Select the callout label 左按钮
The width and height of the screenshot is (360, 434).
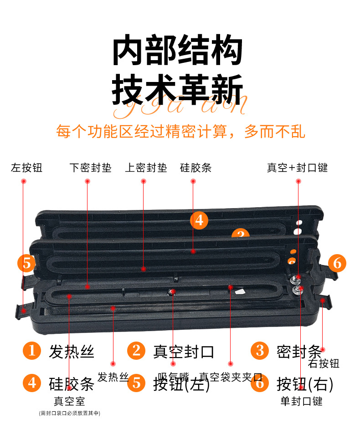coord(26,168)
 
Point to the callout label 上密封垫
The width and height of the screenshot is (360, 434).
coord(146,168)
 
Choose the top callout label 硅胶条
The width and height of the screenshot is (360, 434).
coord(195,168)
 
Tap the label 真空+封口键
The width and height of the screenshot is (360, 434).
coord(297,168)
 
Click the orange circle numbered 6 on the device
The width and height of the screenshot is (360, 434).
coord(337,263)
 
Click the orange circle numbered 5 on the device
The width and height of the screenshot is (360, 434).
coord(26,263)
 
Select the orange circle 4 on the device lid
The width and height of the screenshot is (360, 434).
coord(199,220)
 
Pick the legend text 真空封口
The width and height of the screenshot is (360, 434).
coord(183,352)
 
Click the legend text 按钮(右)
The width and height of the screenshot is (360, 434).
coord(305,384)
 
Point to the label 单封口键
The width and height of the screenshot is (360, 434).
coord(301,401)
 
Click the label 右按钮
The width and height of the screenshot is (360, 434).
coord(324,363)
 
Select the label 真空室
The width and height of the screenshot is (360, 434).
coord(69,401)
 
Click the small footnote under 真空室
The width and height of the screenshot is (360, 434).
coord(69,413)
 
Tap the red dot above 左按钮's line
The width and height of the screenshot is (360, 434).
coord(24,181)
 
